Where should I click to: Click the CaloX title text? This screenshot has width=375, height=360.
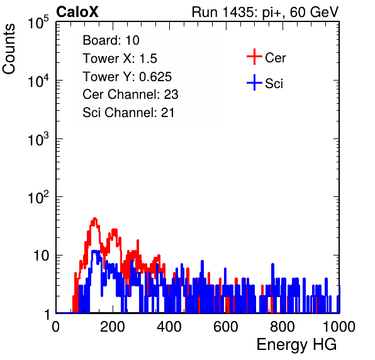click(77, 12)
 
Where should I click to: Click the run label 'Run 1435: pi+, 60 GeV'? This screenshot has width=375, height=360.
click(265, 12)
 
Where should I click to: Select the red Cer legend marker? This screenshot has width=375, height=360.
click(254, 57)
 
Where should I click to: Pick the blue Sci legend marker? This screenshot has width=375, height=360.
click(254, 82)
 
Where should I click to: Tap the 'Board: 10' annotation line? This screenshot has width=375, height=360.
click(111, 40)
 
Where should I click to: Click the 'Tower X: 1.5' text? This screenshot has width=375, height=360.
click(120, 59)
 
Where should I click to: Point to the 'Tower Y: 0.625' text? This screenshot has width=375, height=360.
click(127, 77)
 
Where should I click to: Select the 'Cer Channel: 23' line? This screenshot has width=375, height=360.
click(130, 94)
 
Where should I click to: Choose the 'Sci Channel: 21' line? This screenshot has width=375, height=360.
click(128, 113)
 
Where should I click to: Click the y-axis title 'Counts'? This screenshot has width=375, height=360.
click(9, 49)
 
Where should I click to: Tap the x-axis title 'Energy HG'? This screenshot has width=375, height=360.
click(296, 345)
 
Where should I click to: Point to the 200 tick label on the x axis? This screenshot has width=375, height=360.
click(113, 327)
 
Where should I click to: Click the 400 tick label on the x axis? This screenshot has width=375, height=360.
click(169, 327)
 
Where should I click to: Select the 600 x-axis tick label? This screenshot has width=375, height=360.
click(226, 327)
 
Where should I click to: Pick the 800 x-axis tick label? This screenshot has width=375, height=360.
click(283, 327)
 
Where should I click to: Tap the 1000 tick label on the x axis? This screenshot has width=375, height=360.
click(339, 327)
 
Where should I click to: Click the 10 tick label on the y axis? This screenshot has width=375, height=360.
click(41, 256)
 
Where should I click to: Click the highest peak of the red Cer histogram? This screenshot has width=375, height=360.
click(95, 218)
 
